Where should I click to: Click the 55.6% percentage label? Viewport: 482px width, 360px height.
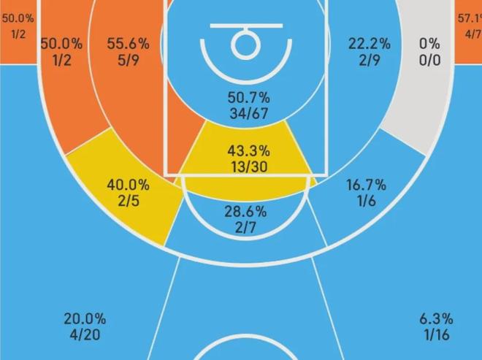(x=127, y=44)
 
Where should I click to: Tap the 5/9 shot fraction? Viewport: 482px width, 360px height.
(x=127, y=60)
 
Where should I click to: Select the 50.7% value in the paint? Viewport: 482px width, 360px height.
(x=248, y=97)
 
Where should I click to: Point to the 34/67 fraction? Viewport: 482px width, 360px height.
(x=248, y=113)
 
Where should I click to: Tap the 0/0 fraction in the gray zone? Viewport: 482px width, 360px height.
(x=429, y=60)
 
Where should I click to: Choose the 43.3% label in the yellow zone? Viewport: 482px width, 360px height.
(x=248, y=151)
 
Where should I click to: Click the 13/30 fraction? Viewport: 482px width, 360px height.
(x=248, y=167)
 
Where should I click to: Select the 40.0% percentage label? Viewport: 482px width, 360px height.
(x=129, y=185)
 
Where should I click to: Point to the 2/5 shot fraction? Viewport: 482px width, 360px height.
(x=129, y=202)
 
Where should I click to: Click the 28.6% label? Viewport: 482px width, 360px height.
(x=245, y=212)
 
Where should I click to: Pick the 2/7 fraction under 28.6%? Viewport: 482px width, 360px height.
(x=245, y=229)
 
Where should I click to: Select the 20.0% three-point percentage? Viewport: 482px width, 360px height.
(x=84, y=319)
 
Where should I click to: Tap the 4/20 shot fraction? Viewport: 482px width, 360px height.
(x=84, y=335)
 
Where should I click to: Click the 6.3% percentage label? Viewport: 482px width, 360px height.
(x=436, y=319)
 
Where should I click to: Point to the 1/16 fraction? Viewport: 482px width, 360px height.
(x=436, y=335)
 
